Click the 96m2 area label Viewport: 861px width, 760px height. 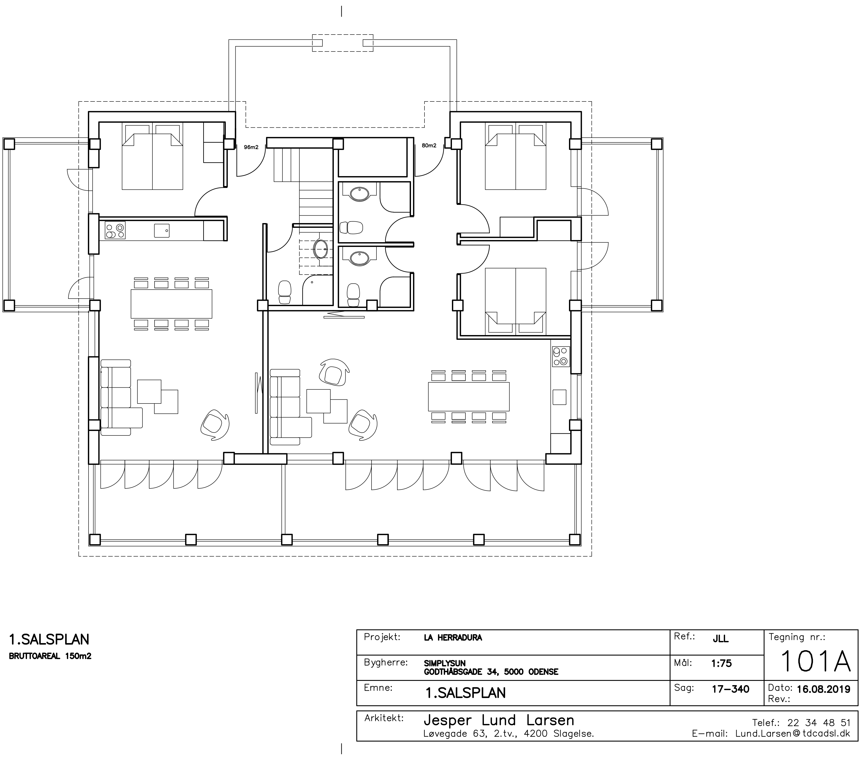click(x=251, y=147)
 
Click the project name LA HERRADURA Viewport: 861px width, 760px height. click(x=453, y=638)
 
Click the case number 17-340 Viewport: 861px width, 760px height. click(x=730, y=689)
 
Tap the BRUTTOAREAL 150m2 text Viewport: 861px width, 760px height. click(x=50, y=656)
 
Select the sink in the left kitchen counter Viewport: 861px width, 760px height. click(x=162, y=231)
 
